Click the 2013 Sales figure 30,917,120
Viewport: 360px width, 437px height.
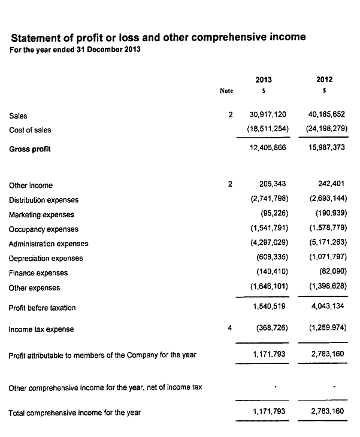point(268,114)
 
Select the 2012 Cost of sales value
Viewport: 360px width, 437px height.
point(324,129)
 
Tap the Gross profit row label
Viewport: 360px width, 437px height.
point(30,149)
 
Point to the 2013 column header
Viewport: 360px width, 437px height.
point(264,79)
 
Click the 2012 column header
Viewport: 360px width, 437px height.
point(324,79)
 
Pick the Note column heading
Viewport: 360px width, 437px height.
point(226,91)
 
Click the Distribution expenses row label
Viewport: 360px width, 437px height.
point(44,200)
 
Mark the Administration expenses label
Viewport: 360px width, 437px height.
point(49,244)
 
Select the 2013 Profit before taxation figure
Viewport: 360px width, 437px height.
point(270,306)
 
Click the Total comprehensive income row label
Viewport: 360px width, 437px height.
point(75,412)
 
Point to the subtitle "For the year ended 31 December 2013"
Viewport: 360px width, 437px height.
point(75,49)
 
